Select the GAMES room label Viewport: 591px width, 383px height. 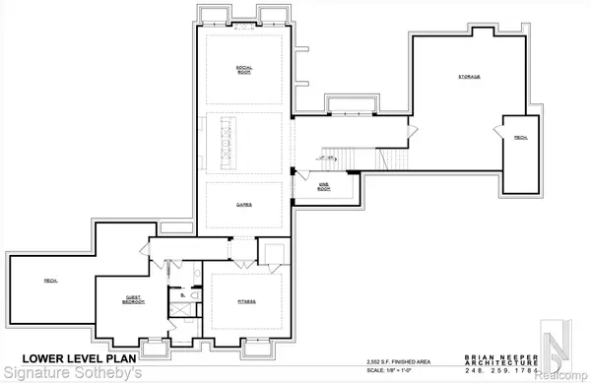(x=243, y=205)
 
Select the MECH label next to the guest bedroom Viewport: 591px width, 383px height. (x=47, y=282)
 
